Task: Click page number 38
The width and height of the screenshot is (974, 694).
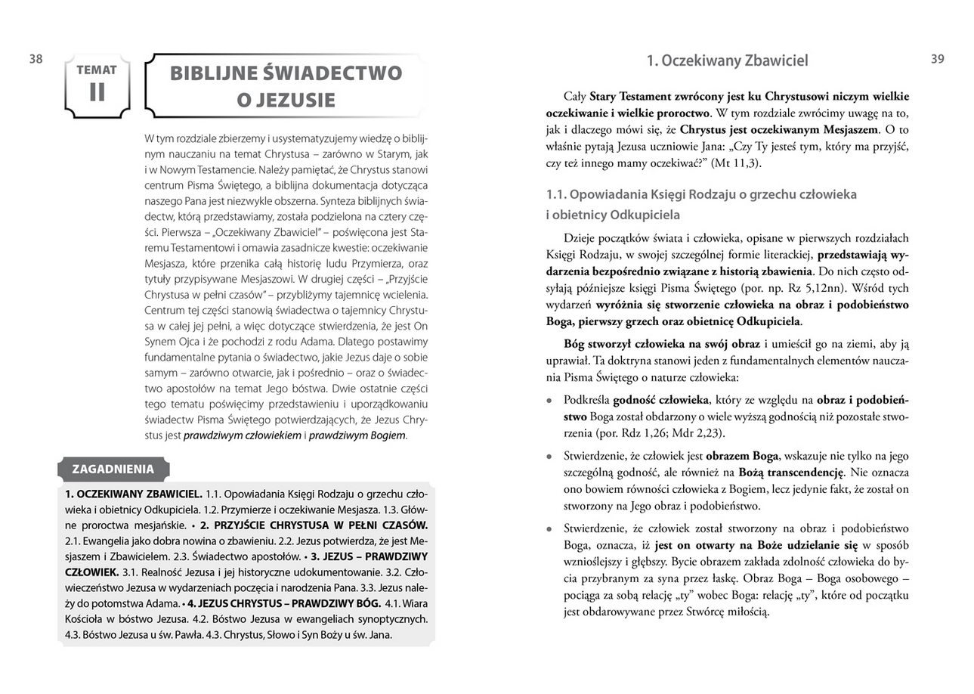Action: (36, 60)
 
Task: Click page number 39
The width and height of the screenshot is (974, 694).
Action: (937, 59)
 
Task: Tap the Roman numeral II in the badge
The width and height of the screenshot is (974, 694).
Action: (97, 91)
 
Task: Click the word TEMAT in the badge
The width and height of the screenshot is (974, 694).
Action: (97, 70)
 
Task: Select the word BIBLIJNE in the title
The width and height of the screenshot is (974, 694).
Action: (215, 73)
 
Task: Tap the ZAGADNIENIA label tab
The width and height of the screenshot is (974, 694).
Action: (113, 469)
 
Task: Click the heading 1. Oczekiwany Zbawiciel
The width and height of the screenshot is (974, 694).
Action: (727, 60)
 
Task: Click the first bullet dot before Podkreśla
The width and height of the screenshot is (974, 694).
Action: (550, 400)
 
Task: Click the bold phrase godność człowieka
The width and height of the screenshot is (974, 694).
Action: (661, 399)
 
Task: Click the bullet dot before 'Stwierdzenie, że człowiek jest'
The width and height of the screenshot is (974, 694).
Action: (550, 457)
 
